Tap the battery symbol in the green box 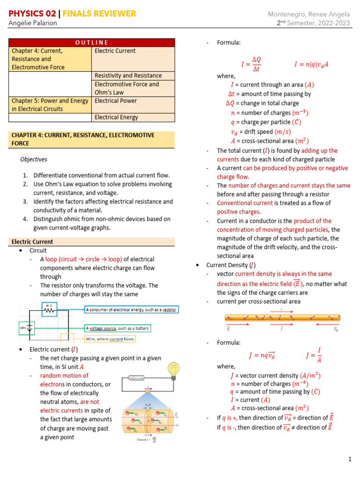pyautogui.click(x=29, y=328)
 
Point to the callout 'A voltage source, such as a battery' pyautogui.click(x=118, y=328)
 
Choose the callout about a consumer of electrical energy pyautogui.click(x=132, y=310)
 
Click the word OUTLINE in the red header pyautogui.click(x=92, y=43)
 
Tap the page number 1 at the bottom pyautogui.click(x=350, y=459)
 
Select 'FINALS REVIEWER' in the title pyautogui.click(x=102, y=14)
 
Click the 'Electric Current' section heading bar pyautogui.click(x=92, y=242)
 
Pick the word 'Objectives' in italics pyautogui.click(x=34, y=159)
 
